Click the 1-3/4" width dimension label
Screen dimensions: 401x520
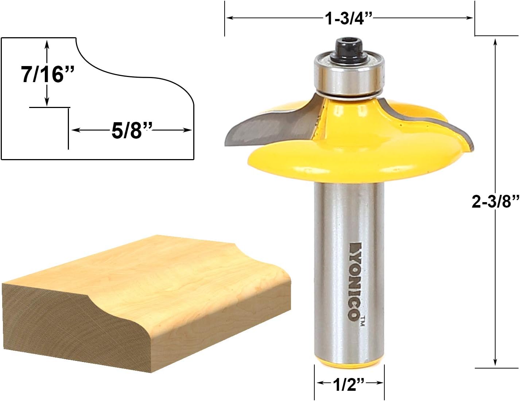tap(349, 18)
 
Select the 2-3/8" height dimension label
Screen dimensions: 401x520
tap(495, 201)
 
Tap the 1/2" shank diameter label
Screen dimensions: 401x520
tap(349, 383)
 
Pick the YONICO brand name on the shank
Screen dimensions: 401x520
tap(353, 281)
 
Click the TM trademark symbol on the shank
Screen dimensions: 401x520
tap(362, 321)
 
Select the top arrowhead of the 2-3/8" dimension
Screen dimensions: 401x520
tap(495, 41)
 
